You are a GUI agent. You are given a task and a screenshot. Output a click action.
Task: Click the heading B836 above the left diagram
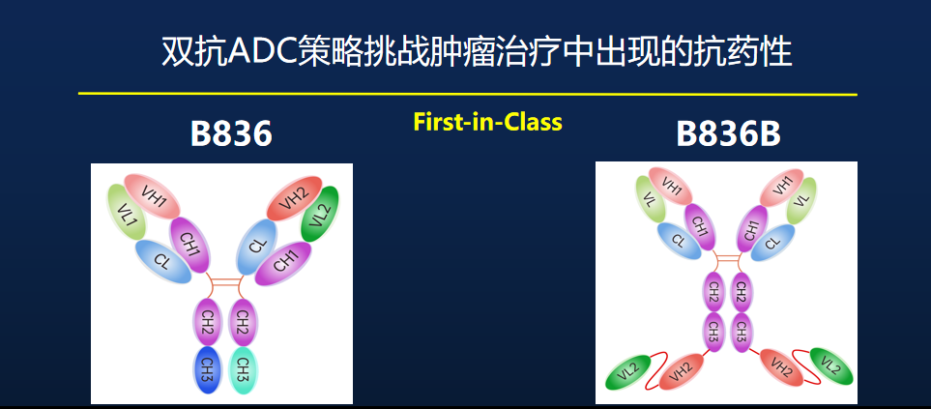pyautogui.click(x=231, y=133)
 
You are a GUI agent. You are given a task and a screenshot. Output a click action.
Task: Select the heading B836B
pyautogui.click(x=728, y=133)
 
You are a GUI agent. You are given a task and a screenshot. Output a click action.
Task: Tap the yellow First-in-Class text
pyautogui.click(x=487, y=123)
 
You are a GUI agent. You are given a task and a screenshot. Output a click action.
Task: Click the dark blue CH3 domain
pyautogui.click(x=207, y=368)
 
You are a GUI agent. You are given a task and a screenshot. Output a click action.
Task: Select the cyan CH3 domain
pyautogui.click(x=244, y=368)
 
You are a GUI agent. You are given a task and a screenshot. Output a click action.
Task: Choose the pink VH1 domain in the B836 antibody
pyautogui.click(x=153, y=199)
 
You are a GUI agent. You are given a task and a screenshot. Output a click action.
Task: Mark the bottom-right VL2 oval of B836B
pyautogui.click(x=830, y=366)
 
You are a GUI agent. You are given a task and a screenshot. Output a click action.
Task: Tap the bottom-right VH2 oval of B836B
pyautogui.click(x=782, y=366)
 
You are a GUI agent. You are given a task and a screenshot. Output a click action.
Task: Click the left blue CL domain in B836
pyautogui.click(x=161, y=262)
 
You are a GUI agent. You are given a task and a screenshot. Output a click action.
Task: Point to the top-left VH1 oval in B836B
pyautogui.click(x=672, y=184)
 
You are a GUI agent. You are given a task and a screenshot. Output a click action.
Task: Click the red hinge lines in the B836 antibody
pyautogui.click(x=225, y=282)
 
